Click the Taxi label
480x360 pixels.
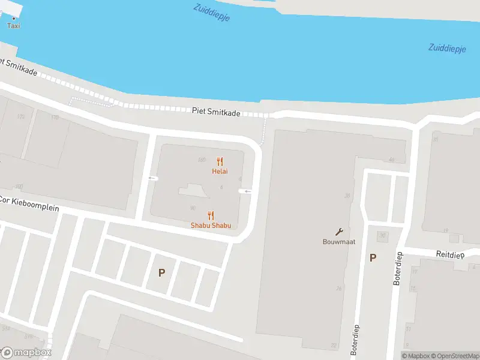[x=13, y=25]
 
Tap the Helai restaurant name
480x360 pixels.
[x=220, y=171]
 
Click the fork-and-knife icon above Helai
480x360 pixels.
[x=220, y=161]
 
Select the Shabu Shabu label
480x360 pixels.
[x=211, y=226]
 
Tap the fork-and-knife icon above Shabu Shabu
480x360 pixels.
[x=211, y=215]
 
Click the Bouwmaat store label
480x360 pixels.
[x=339, y=242]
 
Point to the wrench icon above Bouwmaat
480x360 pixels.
[x=339, y=232]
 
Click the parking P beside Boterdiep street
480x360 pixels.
[x=373, y=258]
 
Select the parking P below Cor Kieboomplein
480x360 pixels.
[x=161, y=273]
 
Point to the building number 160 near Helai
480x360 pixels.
[x=202, y=160]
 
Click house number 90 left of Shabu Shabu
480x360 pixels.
[x=193, y=208]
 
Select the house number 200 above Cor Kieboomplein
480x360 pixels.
[x=19, y=187]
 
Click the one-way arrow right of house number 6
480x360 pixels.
[x=246, y=191]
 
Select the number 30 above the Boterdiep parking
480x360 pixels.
[x=382, y=235]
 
